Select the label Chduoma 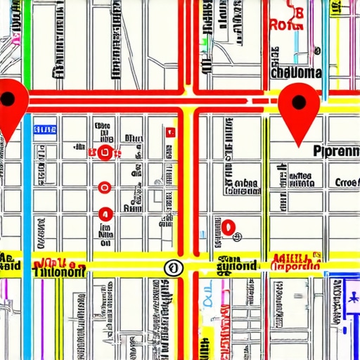(295, 72)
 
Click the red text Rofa (288, 25)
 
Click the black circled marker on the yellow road (172, 267)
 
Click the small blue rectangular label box (44, 129)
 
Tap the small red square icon (169, 131)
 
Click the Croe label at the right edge (347, 183)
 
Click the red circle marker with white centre (105, 186)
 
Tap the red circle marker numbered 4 (105, 214)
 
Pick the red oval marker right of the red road (229, 226)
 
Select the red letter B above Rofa (298, 11)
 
